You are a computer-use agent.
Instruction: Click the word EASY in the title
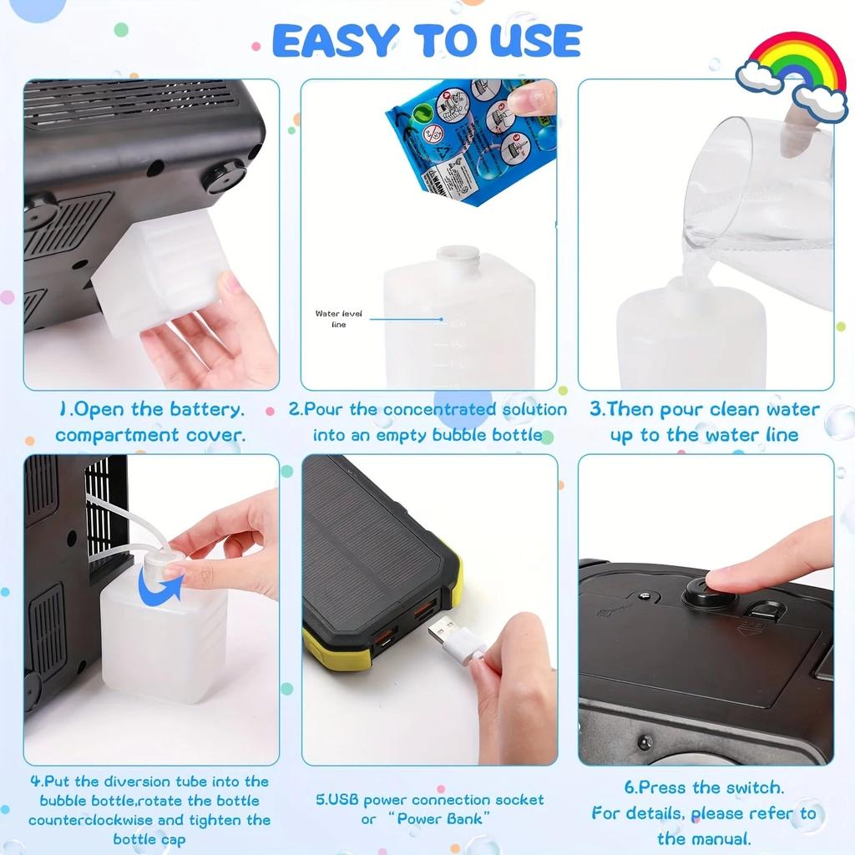click(x=332, y=41)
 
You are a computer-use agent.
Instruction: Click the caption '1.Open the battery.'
click(x=151, y=409)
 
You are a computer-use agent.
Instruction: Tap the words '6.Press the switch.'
click(x=704, y=787)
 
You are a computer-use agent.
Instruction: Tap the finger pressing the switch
click(x=768, y=559)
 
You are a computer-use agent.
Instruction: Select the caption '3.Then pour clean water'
click(x=704, y=409)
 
